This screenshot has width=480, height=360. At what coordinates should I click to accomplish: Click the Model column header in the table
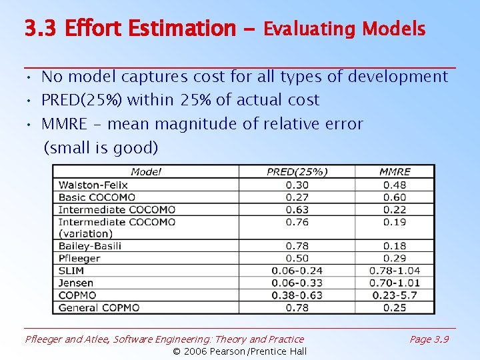146,172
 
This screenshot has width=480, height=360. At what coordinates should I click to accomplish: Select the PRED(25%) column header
297,172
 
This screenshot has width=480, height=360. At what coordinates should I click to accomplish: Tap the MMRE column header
395,172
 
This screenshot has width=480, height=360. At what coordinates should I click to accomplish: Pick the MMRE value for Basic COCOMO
395,197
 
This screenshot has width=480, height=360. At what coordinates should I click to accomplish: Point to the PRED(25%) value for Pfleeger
297,258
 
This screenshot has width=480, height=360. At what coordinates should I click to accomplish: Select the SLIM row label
71,271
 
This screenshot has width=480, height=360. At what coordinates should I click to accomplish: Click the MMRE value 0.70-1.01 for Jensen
395,283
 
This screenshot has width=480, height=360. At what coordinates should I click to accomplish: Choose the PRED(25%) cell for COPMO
297,295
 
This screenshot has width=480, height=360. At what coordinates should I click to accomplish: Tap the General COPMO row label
99,307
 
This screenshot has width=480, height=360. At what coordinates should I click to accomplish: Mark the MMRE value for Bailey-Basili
395,246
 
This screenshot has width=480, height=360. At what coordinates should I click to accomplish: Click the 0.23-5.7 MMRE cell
395,295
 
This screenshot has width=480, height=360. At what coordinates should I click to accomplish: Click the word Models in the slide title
393,29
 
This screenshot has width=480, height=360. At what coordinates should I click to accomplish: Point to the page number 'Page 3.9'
429,339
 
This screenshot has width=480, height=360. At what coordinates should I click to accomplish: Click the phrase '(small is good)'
101,148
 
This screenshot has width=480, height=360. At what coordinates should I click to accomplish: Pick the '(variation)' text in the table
85,233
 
